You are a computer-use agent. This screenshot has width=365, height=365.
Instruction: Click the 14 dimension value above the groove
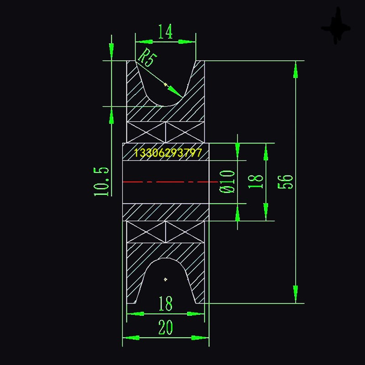[166, 32]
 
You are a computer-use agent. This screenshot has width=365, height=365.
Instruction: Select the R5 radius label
[146, 58]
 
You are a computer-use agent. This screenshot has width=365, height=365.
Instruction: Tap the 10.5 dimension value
[102, 181]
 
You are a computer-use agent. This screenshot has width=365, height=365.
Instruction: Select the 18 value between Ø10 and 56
[257, 181]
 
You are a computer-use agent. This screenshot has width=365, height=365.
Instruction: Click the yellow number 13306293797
[168, 153]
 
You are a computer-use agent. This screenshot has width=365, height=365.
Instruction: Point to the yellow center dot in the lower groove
[166, 279]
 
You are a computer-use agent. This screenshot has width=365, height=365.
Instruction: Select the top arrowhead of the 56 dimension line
[296, 68]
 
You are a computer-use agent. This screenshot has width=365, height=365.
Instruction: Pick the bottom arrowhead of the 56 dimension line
[296, 295]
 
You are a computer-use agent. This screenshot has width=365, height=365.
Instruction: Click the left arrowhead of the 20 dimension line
[130, 338]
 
